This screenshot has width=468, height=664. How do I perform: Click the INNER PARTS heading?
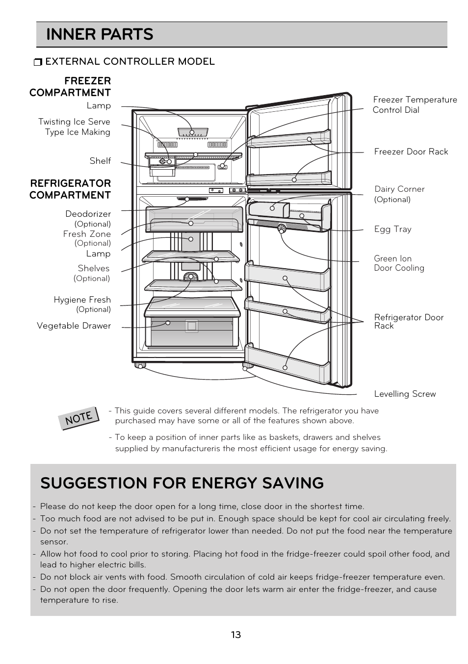100,34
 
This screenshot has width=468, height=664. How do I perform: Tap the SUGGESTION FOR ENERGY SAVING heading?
182,483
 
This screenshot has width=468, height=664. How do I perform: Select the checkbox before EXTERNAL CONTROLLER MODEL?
38,62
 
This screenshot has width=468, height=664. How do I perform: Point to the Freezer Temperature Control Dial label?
415,105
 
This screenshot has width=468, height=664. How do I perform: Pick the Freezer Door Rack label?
411,152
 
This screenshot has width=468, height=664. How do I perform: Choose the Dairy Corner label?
399,189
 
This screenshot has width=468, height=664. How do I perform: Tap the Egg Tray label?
392,229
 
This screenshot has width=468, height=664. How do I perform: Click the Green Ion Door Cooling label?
399,263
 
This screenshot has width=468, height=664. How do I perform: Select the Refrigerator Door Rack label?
409,321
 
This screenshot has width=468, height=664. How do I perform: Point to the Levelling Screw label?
405,394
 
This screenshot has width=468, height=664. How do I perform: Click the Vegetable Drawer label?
74,326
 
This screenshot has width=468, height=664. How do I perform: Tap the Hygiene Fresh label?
82,300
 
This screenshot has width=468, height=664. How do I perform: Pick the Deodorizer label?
88,214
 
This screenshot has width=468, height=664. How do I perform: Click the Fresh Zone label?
87,234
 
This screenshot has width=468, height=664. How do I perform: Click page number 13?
235,635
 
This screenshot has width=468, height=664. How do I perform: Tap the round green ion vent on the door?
282,228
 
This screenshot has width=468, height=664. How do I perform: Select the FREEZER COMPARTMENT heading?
70,86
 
